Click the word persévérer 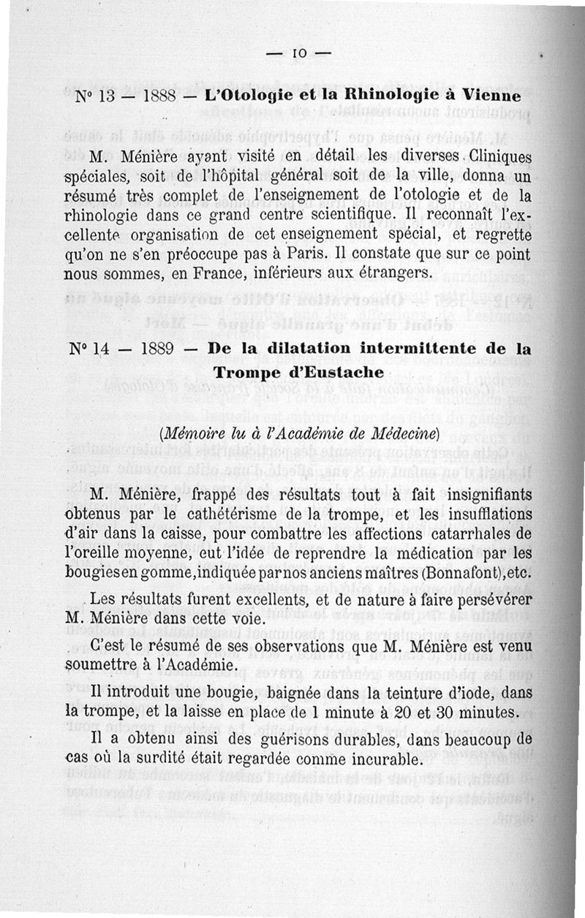click(x=485, y=602)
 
